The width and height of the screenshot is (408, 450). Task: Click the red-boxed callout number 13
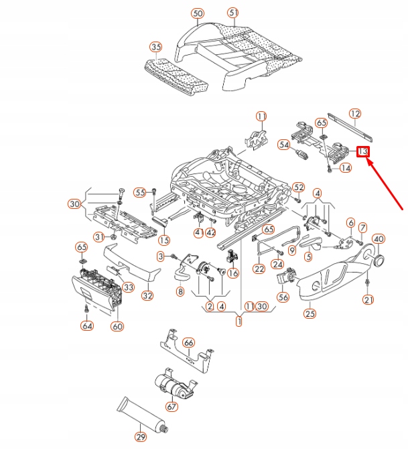click(362, 152)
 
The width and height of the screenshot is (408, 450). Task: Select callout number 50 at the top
click(197, 13)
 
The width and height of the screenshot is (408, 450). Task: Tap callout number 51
click(232, 13)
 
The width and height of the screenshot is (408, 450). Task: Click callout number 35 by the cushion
click(155, 47)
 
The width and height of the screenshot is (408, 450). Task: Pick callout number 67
click(172, 406)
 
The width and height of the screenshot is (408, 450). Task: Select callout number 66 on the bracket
click(189, 342)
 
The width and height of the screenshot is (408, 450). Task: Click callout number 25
click(309, 313)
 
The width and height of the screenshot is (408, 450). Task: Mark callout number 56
click(283, 297)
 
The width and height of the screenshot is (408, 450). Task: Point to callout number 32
click(147, 295)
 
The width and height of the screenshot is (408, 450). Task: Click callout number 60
click(117, 326)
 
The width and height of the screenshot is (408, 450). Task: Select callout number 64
click(87, 326)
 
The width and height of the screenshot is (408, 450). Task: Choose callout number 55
click(139, 192)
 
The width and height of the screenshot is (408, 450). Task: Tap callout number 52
click(299, 187)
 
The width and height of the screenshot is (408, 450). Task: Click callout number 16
click(232, 273)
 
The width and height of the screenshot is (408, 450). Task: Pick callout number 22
click(259, 269)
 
